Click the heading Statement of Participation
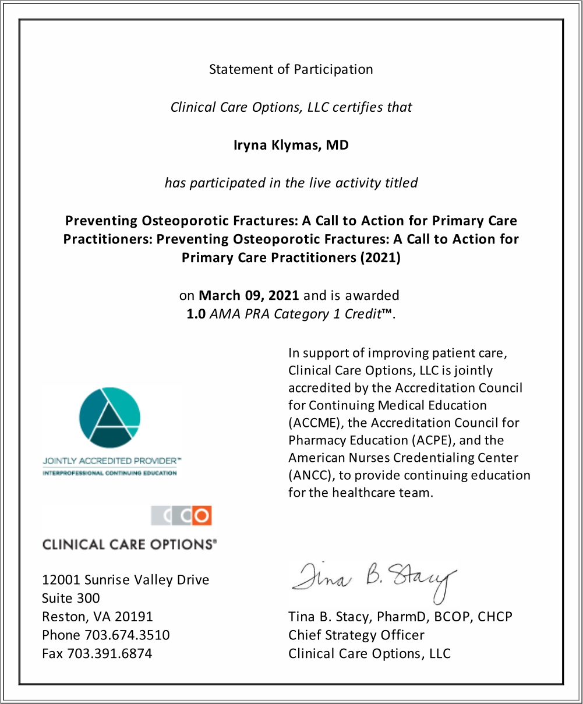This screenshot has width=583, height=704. (x=291, y=69)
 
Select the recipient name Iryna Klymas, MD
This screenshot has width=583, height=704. (x=291, y=145)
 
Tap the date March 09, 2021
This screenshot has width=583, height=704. (x=249, y=295)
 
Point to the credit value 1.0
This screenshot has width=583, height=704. (x=196, y=314)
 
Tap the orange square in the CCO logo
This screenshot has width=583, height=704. (x=202, y=515)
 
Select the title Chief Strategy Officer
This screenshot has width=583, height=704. (x=356, y=635)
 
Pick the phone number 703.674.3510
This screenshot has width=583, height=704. (x=127, y=635)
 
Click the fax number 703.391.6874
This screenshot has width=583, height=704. (x=109, y=654)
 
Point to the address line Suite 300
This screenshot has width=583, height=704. (x=70, y=598)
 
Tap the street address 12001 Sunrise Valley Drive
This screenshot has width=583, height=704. (x=125, y=580)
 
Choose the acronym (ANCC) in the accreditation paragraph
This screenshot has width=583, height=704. (x=311, y=476)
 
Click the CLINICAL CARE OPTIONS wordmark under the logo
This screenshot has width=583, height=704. (x=129, y=544)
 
